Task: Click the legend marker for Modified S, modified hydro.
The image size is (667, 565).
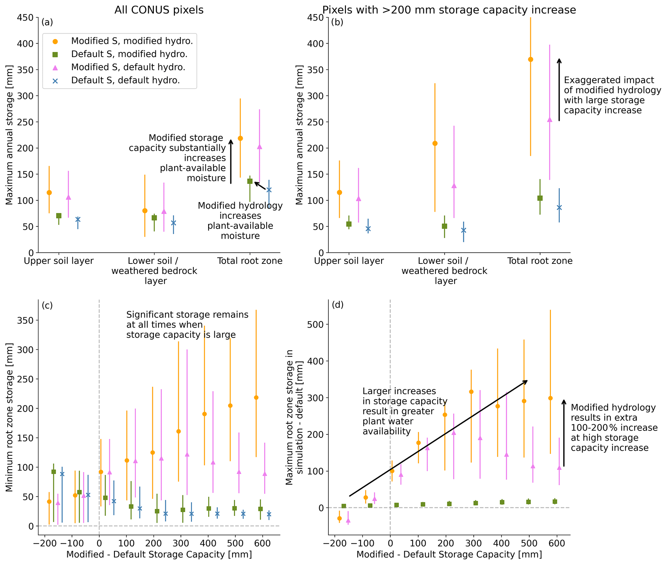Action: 55,41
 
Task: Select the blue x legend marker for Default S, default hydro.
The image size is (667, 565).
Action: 55,81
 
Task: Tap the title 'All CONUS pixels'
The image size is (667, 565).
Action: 159,10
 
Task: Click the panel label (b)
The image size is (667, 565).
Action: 337,22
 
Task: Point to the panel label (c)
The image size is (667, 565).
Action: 47,305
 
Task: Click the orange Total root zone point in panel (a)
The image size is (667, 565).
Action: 240,138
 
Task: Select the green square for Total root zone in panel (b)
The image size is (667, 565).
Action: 540,198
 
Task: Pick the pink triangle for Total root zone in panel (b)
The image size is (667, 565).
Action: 550,120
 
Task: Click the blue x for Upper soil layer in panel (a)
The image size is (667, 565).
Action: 78,219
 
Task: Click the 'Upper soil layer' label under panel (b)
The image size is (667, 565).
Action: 349,261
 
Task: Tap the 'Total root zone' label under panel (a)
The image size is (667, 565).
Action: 250,261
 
